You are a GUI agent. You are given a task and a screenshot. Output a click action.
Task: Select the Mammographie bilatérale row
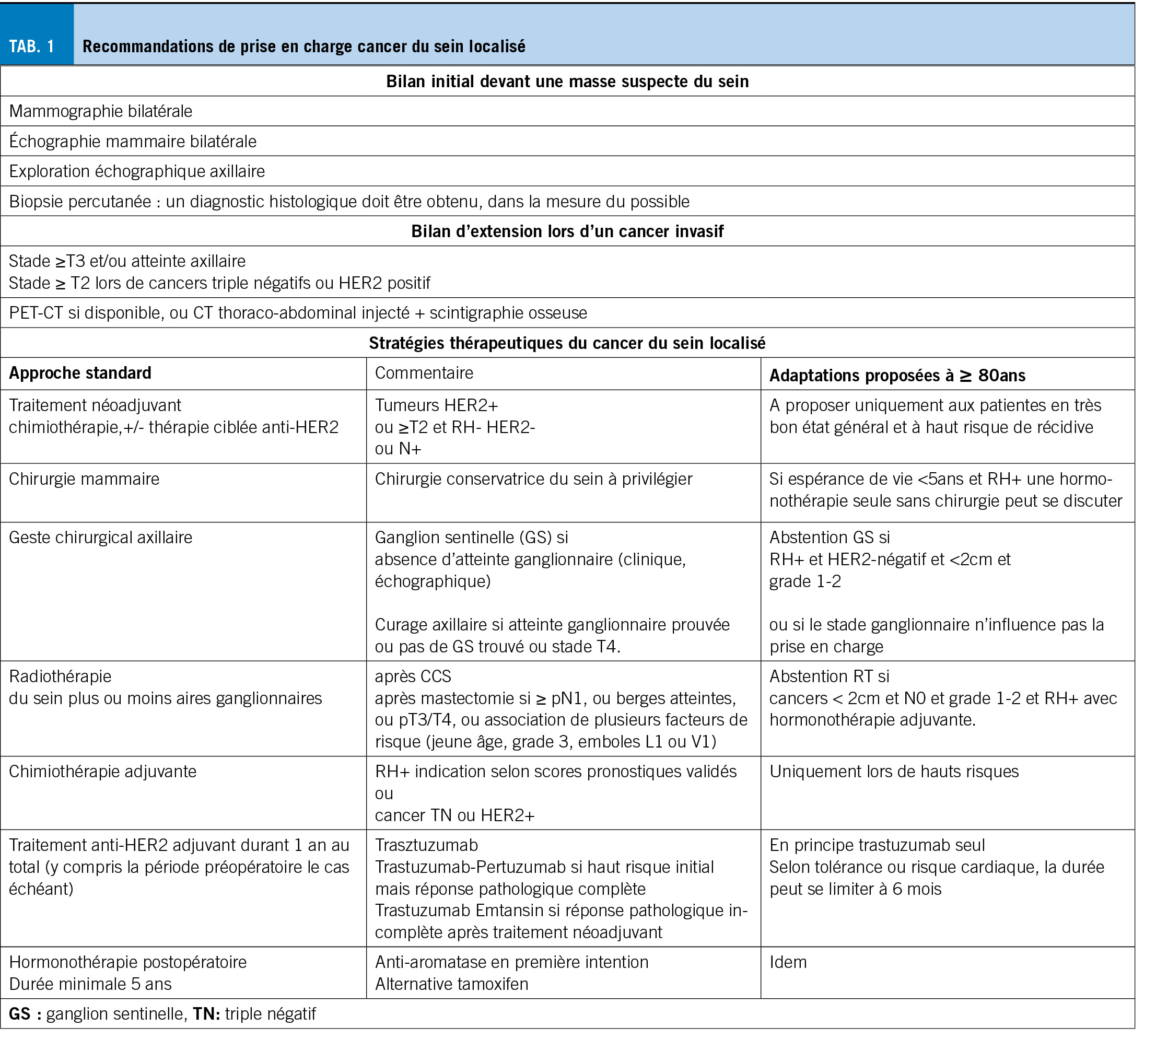coord(100,111)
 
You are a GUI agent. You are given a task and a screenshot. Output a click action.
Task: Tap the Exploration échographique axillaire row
coord(137,171)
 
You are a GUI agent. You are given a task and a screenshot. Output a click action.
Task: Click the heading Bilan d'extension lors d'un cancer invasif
coord(567,231)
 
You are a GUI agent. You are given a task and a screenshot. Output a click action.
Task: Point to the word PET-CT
coord(36,313)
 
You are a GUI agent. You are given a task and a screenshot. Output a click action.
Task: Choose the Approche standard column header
coord(80,373)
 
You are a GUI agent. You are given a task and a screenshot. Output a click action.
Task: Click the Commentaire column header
coord(424,373)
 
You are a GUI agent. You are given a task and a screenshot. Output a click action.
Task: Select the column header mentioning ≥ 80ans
coord(897,376)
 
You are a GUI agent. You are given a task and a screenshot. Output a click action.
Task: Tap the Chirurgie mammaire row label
coord(84,479)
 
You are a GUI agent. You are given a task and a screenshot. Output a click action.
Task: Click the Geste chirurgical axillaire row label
coord(100,538)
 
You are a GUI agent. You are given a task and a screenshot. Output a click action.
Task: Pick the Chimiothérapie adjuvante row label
coord(103,772)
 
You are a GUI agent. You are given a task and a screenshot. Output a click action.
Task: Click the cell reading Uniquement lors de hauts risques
coord(893,772)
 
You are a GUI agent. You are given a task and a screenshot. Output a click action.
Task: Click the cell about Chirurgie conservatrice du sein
coord(533,479)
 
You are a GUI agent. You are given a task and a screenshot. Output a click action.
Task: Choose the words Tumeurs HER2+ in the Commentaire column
coord(436,405)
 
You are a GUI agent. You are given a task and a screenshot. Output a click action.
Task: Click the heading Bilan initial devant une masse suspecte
coord(567,81)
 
